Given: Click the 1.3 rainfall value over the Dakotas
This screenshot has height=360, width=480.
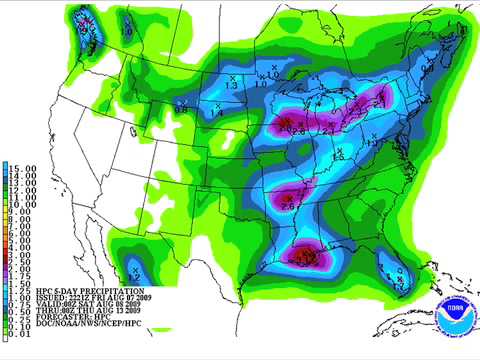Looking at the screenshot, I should click(231, 86).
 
